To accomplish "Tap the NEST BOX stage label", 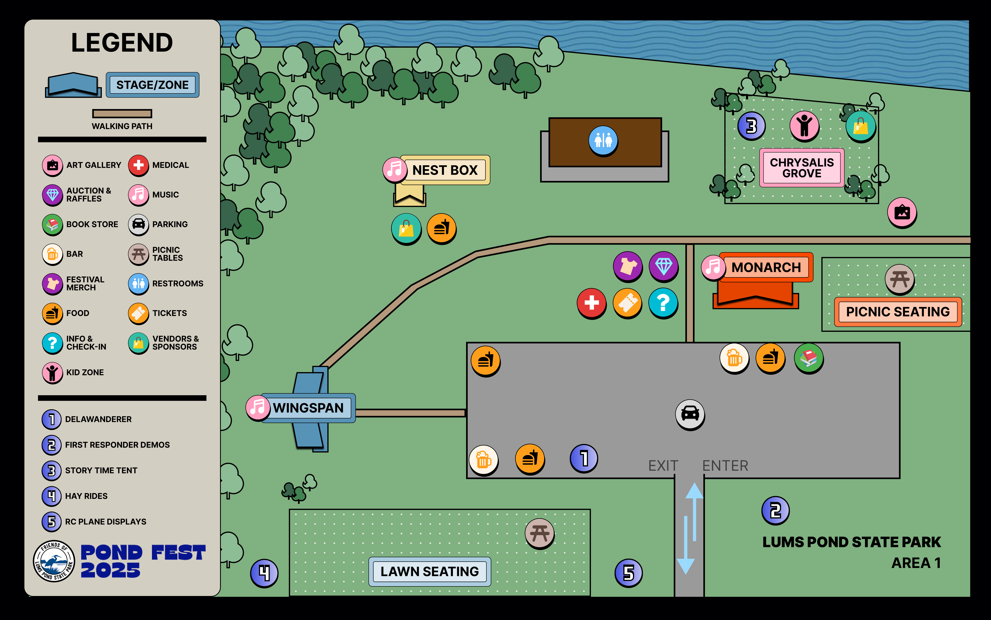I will [x=445, y=170].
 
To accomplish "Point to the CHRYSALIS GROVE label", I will [x=802, y=168].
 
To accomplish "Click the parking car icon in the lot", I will [x=690, y=414].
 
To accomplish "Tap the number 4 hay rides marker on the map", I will [x=264, y=573].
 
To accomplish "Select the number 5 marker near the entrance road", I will [x=628, y=573].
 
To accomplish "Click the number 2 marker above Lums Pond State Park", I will [x=775, y=511].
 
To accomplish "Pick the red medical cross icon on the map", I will [x=591, y=303].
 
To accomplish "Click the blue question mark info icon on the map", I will [x=663, y=303].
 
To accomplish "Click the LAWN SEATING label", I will [x=429, y=571].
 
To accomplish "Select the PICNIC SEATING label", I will [x=898, y=312].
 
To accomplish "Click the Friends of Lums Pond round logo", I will [x=54, y=561].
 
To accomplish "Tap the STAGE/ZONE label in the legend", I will [x=152, y=85].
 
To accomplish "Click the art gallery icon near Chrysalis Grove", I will [x=902, y=212].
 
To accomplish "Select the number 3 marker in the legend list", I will [x=52, y=470].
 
